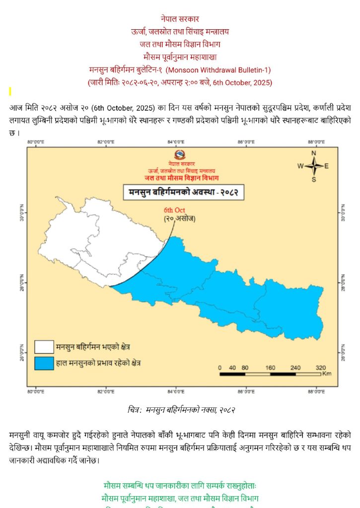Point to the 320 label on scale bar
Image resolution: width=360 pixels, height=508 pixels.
point(320,368)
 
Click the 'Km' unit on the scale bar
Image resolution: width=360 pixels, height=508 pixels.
point(326,375)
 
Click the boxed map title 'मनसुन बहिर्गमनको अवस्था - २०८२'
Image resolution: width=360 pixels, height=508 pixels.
point(184,191)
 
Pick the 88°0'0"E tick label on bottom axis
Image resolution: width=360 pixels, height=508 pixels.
point(316,392)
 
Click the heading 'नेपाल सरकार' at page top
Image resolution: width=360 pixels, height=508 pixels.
point(180,19)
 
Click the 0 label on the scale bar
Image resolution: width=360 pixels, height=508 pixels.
point(220,368)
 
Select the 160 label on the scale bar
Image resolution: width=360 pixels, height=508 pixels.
point(270,368)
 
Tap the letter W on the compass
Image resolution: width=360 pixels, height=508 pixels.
point(300,166)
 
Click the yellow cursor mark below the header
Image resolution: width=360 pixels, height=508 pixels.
point(10,91)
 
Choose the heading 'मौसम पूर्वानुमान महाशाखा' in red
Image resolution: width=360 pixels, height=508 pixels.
point(180,57)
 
